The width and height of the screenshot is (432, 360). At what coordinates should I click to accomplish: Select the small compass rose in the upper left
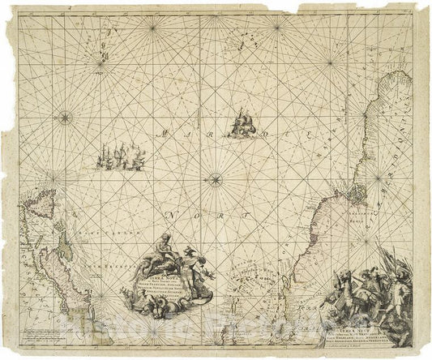point(62,118)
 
